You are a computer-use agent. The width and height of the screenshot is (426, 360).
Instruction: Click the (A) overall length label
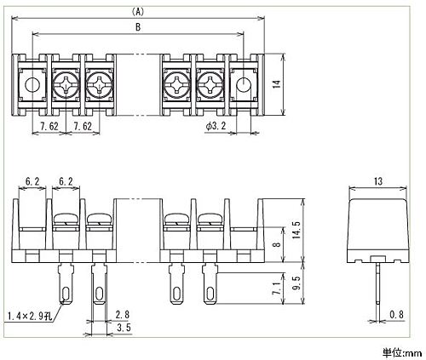coord(138,12)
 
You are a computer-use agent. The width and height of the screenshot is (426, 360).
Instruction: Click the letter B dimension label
coord(138,27)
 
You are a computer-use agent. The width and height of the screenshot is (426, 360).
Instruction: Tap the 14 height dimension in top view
coord(277,84)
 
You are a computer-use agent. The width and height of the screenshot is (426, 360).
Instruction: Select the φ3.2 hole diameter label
coord(216,126)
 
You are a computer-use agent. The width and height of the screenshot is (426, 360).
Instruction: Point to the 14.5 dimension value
coord(296,230)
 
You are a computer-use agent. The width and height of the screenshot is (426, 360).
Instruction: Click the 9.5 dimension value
coord(296,283)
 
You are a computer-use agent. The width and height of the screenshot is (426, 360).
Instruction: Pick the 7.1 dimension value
coord(277,288)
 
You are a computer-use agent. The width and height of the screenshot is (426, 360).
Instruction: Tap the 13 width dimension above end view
coord(378,181)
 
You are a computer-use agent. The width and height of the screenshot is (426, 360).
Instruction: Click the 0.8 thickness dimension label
coord(396,315)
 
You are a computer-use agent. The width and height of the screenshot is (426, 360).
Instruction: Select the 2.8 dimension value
coord(123,315)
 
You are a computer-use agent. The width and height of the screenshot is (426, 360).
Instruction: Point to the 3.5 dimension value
coord(124,328)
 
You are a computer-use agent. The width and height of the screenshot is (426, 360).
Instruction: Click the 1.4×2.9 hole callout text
coord(30,316)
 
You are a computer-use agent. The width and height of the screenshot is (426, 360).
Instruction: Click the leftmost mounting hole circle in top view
coord(32,84)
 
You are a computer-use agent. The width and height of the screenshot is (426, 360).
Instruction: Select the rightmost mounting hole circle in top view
coord(244,84)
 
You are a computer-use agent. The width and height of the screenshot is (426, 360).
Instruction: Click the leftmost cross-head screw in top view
coord(66,84)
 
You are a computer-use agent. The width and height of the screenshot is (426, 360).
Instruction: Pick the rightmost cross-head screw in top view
coord(210,84)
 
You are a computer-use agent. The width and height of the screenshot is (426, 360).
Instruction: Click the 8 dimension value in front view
coord(277,244)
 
